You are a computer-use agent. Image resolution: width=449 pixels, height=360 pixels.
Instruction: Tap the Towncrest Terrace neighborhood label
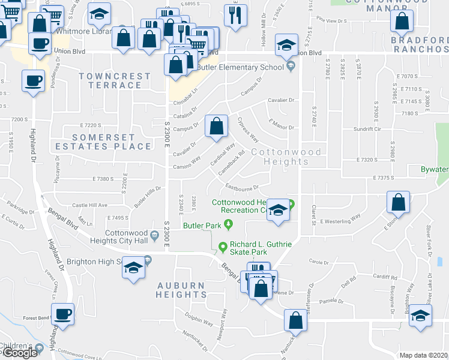(x=115, y=80)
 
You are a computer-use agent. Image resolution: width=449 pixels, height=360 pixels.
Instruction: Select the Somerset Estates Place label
(x=112, y=142)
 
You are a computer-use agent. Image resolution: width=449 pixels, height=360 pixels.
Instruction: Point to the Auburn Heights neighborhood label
(x=181, y=290)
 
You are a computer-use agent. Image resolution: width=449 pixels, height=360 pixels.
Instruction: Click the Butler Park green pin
(x=228, y=225)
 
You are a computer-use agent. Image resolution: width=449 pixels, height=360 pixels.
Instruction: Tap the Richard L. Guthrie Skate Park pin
(x=223, y=245)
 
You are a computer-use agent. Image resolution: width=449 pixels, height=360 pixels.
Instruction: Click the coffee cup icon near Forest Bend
(x=62, y=313)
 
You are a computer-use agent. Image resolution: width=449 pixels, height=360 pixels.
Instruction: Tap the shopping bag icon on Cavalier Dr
(x=216, y=126)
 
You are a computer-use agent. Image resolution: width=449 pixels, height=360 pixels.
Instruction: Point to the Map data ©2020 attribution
(x=423, y=355)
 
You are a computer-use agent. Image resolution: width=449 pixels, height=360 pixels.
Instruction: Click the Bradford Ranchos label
(x=420, y=44)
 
